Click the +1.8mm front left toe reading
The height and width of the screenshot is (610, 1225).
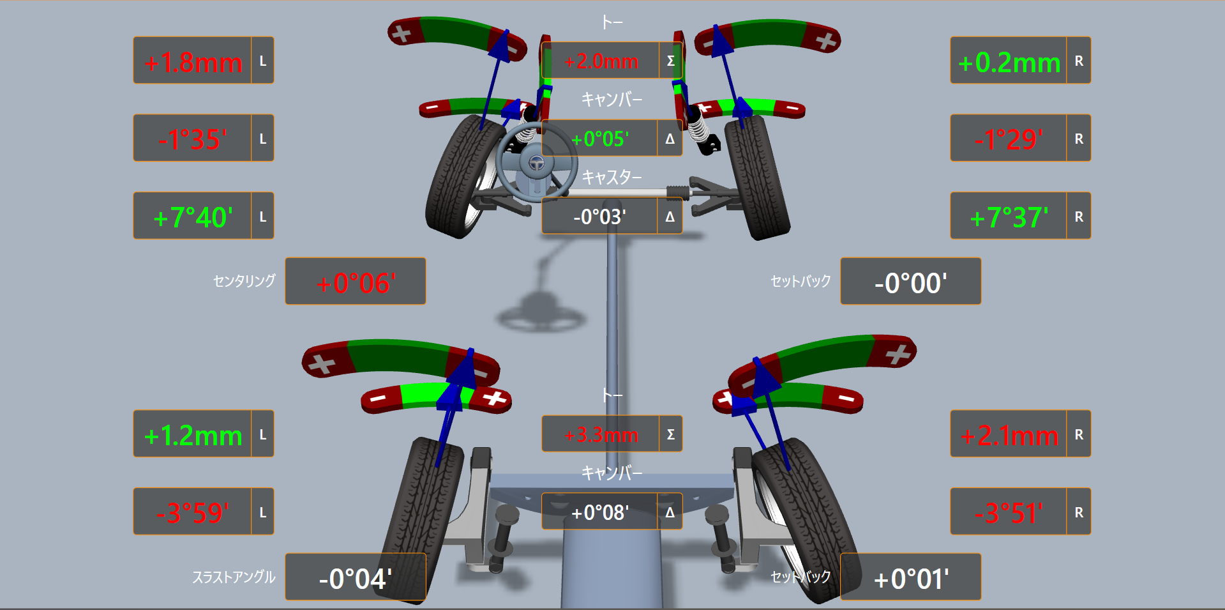click(x=193, y=62)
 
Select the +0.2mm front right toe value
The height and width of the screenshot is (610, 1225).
click(x=1009, y=62)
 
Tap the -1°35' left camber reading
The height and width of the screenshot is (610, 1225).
click(x=193, y=139)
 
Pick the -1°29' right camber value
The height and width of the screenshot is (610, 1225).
click(x=1009, y=139)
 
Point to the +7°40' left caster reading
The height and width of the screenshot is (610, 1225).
click(x=193, y=217)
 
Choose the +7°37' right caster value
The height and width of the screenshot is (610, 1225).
click(x=1009, y=217)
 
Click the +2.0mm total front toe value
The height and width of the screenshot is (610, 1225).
click(x=601, y=61)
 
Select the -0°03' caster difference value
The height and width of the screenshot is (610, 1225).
click(x=599, y=217)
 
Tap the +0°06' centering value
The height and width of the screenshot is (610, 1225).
click(x=356, y=283)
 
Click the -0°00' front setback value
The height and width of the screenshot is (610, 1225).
click(x=910, y=283)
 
